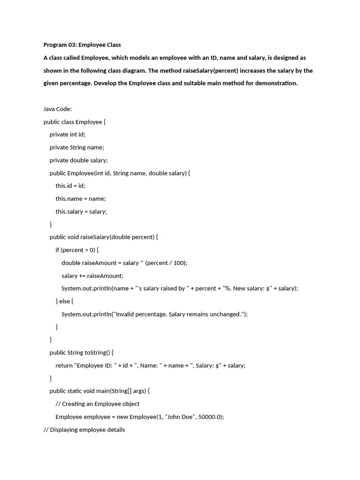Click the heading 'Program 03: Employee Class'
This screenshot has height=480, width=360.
pyautogui.click(x=82, y=45)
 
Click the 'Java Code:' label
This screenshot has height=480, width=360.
pyautogui.click(x=57, y=109)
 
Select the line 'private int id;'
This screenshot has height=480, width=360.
pyautogui.click(x=67, y=135)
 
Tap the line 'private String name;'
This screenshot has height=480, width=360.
pyautogui.click(x=76, y=147)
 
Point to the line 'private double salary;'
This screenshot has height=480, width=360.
pyautogui.click(x=78, y=160)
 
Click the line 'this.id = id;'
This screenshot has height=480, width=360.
pyautogui.click(x=70, y=186)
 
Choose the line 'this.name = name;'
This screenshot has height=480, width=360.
pyautogui.click(x=81, y=199)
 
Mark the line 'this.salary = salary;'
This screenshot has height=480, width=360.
pyautogui.click(x=81, y=211)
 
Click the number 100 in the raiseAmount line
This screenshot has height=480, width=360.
pyautogui.click(x=179, y=263)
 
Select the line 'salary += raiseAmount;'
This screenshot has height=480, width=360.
pyautogui.click(x=92, y=276)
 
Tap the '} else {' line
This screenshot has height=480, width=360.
pyautogui.click(x=65, y=301)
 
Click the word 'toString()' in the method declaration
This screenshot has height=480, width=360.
pyautogui.click(x=97, y=352)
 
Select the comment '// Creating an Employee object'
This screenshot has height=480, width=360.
pyautogui.click(x=97, y=404)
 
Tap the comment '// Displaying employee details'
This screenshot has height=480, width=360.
pyautogui.click(x=84, y=429)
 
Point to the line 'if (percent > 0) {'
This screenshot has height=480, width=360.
pyautogui.click(x=77, y=250)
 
